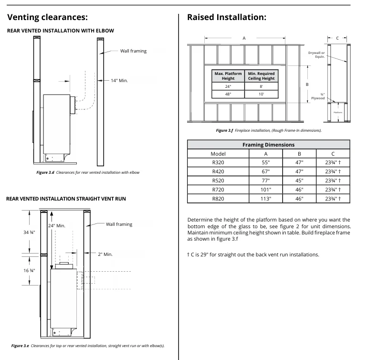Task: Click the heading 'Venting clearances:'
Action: [x=48, y=18]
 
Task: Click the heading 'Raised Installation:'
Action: [x=226, y=18]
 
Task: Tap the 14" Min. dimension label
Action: [x=119, y=81]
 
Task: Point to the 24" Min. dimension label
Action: [x=57, y=225]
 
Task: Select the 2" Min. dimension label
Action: [x=105, y=254]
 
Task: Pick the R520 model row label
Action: [x=218, y=181]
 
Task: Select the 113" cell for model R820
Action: [x=266, y=199]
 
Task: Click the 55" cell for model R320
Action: [x=266, y=163]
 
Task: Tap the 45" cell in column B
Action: [x=299, y=181]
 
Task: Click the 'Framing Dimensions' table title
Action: [x=268, y=145]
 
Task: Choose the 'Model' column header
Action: [x=218, y=154]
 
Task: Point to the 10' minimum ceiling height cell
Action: [x=261, y=95]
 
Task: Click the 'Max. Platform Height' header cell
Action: [x=228, y=76]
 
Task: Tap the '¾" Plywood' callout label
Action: [x=319, y=96]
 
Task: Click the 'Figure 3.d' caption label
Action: [x=46, y=172]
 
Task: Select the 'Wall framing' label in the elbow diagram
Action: [x=133, y=51]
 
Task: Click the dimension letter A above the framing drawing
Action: [x=244, y=38]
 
